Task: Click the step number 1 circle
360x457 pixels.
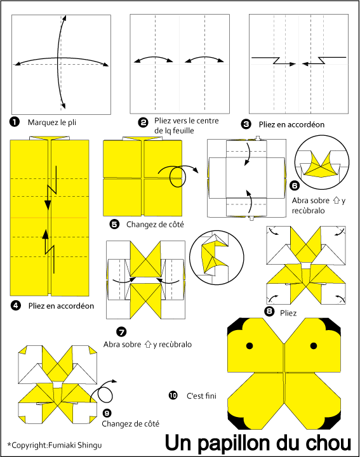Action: click(x=14, y=122)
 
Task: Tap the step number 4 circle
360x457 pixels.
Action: click(x=15, y=305)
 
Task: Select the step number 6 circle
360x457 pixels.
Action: click(x=295, y=185)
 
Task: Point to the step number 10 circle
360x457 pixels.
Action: click(x=173, y=395)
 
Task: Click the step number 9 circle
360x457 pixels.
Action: click(x=107, y=413)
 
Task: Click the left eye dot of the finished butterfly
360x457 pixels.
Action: click(x=250, y=346)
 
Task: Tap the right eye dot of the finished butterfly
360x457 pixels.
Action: click(x=314, y=346)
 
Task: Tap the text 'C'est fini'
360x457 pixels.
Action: click(x=201, y=396)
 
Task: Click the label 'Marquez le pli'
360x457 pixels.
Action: click(x=52, y=123)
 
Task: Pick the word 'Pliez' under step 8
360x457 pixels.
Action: click(x=288, y=314)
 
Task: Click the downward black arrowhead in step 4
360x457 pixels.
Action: click(x=48, y=204)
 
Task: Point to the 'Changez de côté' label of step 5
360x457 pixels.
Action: click(x=155, y=225)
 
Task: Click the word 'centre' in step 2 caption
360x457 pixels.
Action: click(x=208, y=121)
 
